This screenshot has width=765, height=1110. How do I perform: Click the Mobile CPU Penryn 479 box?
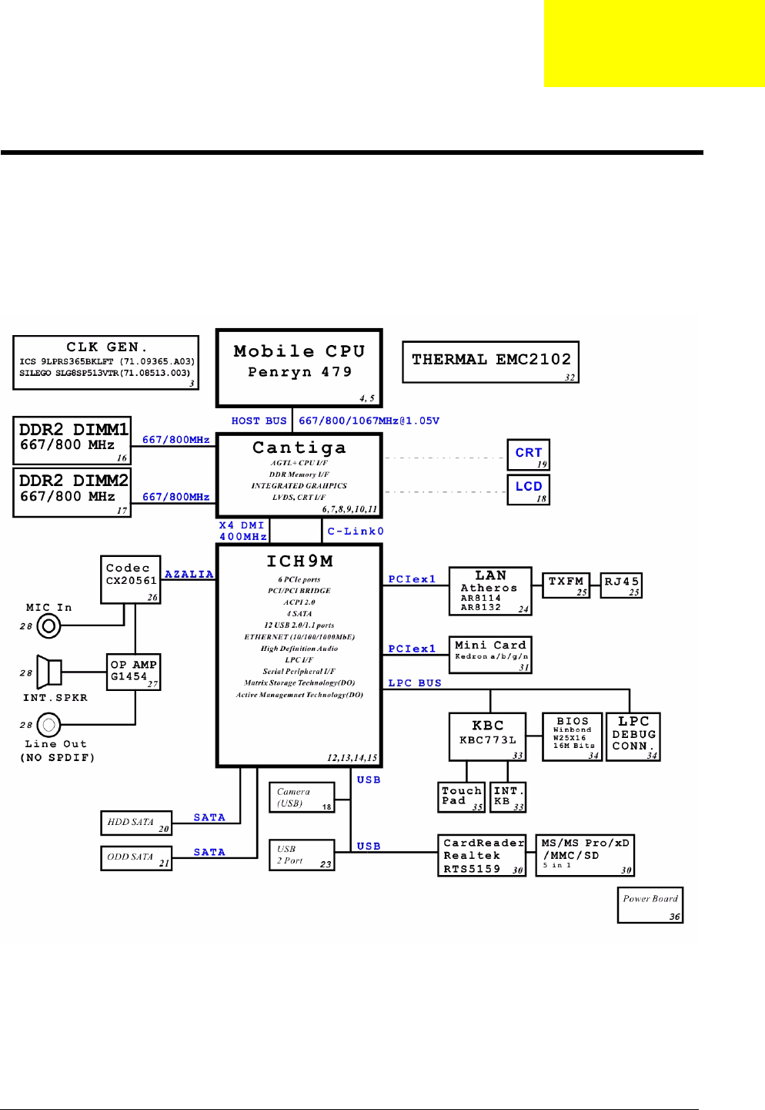[x=299, y=367]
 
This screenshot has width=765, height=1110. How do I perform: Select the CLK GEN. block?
[x=105, y=362]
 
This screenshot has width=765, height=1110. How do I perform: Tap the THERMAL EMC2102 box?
[x=490, y=362]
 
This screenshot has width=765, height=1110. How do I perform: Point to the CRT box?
[x=528, y=454]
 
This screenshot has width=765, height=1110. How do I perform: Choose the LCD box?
[x=528, y=489]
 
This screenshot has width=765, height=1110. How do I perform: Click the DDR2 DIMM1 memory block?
[x=72, y=440]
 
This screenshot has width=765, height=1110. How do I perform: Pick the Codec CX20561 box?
[x=131, y=579]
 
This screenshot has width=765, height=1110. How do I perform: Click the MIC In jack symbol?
[x=48, y=626]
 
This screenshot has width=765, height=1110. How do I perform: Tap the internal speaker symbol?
[x=48, y=672]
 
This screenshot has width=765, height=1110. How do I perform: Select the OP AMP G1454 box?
[x=134, y=672]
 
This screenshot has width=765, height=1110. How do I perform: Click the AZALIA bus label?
[x=189, y=575]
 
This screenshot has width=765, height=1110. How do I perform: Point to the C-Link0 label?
[x=356, y=532]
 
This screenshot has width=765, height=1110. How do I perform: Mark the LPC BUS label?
[x=415, y=683]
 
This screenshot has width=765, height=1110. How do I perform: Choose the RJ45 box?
[x=621, y=585]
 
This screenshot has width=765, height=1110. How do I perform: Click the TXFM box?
[x=566, y=585]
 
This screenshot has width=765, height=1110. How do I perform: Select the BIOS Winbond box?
[x=572, y=737]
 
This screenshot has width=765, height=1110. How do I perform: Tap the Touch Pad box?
[x=462, y=797]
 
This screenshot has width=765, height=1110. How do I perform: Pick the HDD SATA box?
[x=136, y=823]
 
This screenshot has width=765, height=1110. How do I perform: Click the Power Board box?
[x=650, y=905]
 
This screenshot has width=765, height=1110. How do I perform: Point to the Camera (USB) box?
[x=302, y=797]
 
